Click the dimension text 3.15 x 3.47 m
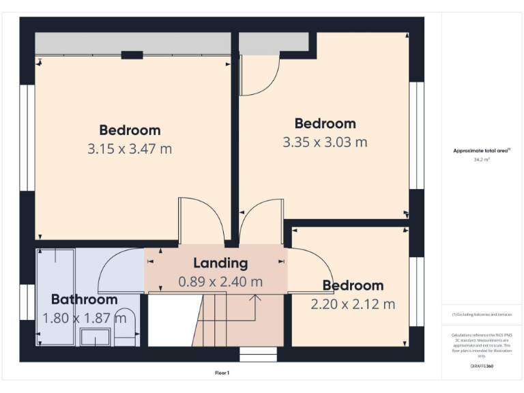click(x=130, y=148)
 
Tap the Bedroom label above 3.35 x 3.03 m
click(x=325, y=123)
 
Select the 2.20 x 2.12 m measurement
click(x=353, y=304)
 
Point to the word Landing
click(x=220, y=263)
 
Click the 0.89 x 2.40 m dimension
click(x=220, y=281)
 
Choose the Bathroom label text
click(x=84, y=299)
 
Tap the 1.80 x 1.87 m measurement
click(x=84, y=318)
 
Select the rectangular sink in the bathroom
click(x=95, y=337)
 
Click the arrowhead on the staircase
click(x=256, y=297)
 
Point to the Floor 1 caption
click(x=222, y=373)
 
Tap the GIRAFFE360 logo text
click(x=482, y=366)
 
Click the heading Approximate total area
click(x=482, y=151)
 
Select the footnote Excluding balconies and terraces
click(x=482, y=315)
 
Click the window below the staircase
click(x=258, y=354)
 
